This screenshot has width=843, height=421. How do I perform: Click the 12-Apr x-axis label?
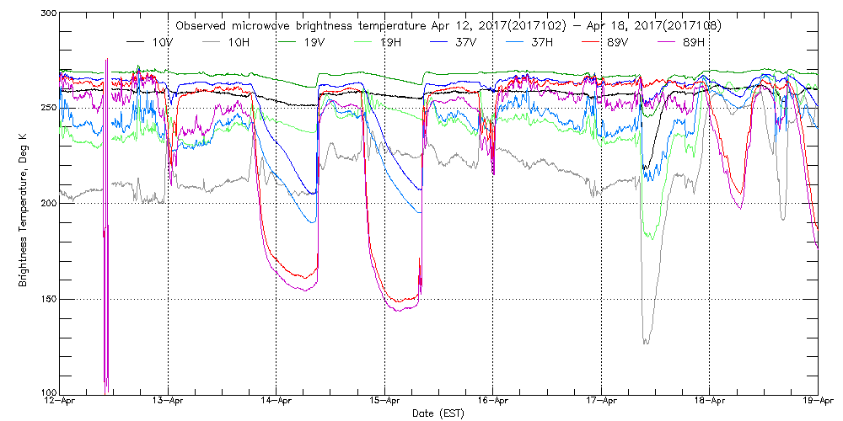[x=60, y=402]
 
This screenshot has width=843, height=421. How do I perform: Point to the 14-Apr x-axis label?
[x=277, y=402]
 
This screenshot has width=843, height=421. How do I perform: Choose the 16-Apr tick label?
[x=493, y=402]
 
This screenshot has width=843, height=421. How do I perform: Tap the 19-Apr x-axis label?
[x=818, y=402]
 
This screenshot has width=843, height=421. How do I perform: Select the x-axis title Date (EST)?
[x=438, y=413]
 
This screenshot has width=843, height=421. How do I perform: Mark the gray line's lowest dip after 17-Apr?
[x=646, y=342]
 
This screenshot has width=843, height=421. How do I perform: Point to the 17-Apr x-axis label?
[x=601, y=402]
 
